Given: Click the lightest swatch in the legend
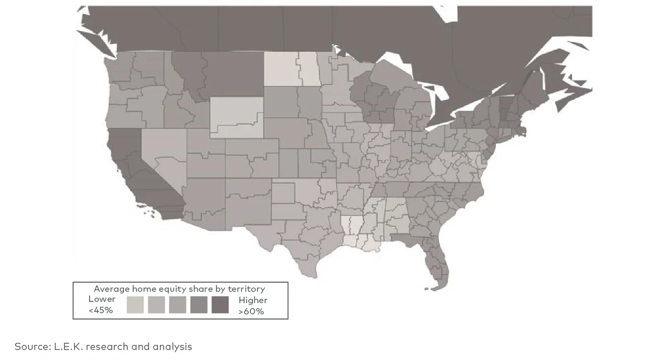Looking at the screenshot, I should click(135, 305).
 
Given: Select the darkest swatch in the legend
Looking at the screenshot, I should click(220, 305).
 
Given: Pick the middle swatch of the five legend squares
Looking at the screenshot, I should click(178, 305).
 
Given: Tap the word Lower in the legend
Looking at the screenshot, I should click(102, 299).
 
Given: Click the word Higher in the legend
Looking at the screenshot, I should click(253, 300).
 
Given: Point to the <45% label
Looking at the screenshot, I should click(101, 310).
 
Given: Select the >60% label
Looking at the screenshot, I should click(251, 311).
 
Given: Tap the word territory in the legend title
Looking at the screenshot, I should click(246, 289).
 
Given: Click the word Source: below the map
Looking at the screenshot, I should click(32, 347).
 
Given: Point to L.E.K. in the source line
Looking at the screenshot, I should click(68, 347).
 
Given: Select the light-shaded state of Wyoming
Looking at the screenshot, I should click(236, 117).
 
